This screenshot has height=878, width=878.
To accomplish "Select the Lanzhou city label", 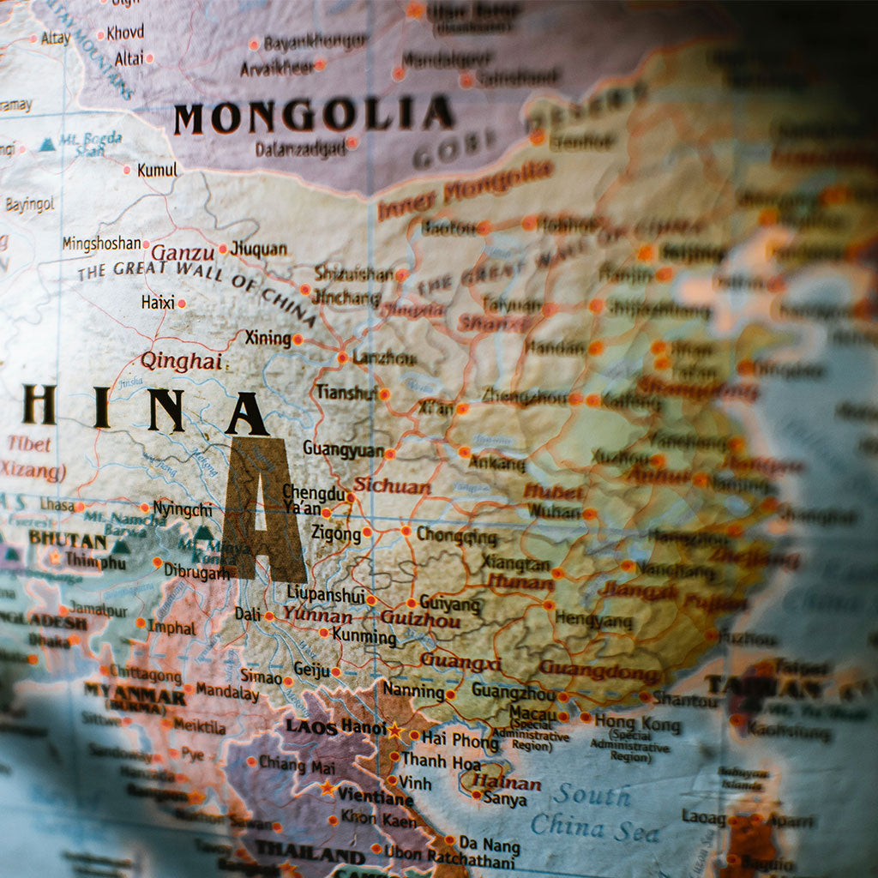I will (x=384, y=358).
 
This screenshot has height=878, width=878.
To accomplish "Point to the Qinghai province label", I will (x=181, y=361).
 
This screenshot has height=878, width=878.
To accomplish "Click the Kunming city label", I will (x=364, y=636).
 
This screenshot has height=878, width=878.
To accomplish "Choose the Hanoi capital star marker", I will (x=394, y=731).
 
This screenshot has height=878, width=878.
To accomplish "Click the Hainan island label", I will (x=507, y=782).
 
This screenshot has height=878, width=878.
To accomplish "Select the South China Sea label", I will (x=592, y=811).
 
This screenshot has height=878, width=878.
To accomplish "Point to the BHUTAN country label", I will (x=68, y=540).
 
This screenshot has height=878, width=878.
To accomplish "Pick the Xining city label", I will (x=268, y=338).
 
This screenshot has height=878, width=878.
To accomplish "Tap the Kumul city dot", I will (x=127, y=170).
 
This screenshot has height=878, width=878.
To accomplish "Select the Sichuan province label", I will (x=392, y=485).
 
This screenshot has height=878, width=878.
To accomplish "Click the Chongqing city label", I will (x=456, y=536).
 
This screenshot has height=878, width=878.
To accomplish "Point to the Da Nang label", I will (x=489, y=845).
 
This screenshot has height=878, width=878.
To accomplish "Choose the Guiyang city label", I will (x=450, y=603).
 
